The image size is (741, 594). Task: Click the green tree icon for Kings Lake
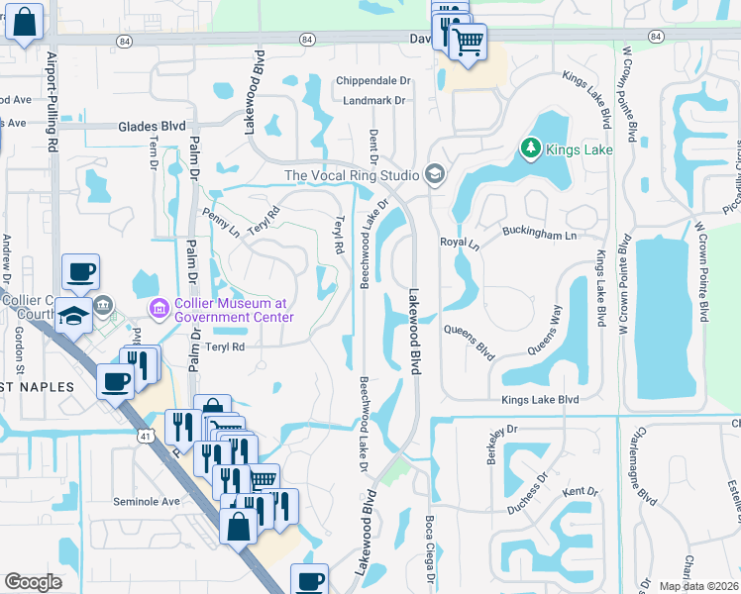coord(531,149)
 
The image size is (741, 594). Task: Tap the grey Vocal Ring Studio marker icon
coord(434,175)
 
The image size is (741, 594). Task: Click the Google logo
coord(33,582)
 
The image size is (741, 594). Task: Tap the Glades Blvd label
coord(152,126)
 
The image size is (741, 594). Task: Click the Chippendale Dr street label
coord(372,80)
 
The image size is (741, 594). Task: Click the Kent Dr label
coord(581,492)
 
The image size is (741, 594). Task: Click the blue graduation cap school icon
coord(73,314)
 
